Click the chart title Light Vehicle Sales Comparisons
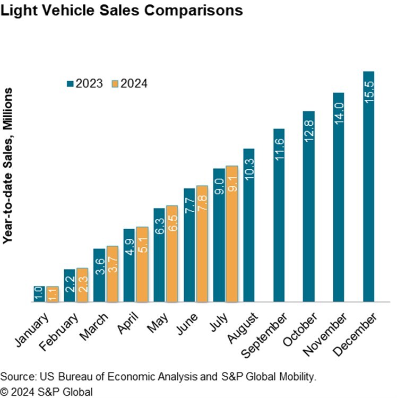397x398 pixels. [122, 10]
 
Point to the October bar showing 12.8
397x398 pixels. [309, 207]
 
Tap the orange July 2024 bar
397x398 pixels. [231, 234]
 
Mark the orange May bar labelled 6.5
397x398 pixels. [172, 254]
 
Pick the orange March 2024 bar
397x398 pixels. [113, 274]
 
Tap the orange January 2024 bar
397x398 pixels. [53, 295]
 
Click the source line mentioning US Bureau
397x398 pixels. [158, 377]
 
